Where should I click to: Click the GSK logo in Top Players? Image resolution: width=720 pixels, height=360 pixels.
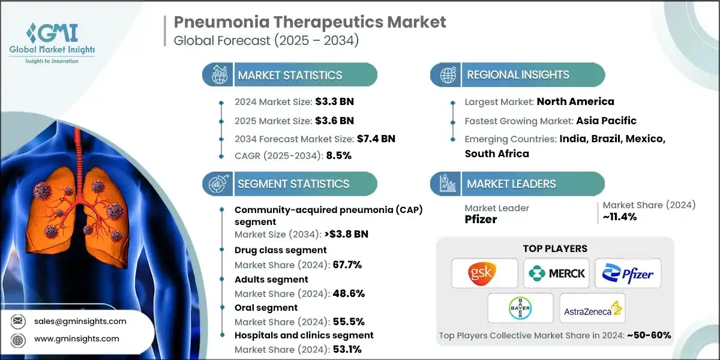click(x=484, y=273)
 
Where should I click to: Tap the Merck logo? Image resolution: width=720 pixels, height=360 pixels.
click(x=556, y=273)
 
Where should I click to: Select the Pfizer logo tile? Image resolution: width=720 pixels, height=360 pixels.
click(x=628, y=273)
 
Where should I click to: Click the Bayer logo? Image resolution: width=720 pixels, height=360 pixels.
click(x=520, y=308)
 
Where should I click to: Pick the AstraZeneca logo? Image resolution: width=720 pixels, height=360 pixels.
click(x=592, y=308)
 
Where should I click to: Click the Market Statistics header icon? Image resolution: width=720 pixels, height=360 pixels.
click(x=217, y=75)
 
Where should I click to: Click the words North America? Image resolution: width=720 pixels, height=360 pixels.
click(x=575, y=101)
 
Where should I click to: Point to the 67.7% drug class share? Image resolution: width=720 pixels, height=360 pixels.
click(x=347, y=265)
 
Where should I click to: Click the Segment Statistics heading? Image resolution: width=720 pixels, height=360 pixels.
click(x=293, y=184)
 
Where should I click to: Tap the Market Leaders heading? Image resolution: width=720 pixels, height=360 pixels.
click(x=511, y=184)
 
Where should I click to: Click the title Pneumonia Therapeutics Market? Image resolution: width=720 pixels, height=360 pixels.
click(x=310, y=22)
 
